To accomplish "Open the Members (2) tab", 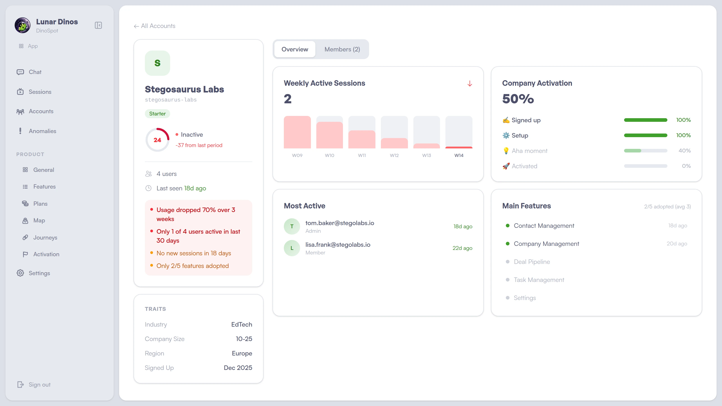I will [342, 49].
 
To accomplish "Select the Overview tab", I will [295, 49].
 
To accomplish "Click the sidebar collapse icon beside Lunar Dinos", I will [98, 25].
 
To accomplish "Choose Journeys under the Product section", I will [45, 238].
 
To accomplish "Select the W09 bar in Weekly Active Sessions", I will [297, 132].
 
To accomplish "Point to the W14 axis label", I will [458, 155].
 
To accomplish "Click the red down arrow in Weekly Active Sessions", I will [470, 83].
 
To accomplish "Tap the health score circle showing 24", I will [157, 140].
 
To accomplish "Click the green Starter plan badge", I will [157, 114].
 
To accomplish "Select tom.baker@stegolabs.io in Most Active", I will [339, 223].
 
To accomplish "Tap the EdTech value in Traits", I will [241, 325].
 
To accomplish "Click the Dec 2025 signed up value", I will [238, 368].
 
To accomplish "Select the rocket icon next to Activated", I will [506, 166].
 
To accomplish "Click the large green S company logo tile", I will [157, 63].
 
